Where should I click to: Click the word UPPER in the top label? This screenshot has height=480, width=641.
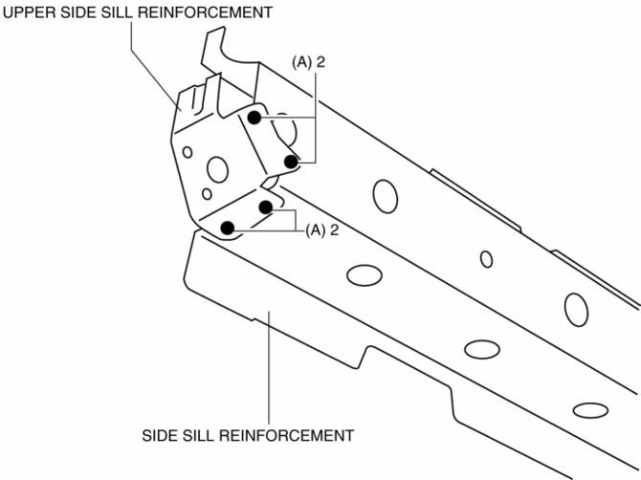(x=27, y=12)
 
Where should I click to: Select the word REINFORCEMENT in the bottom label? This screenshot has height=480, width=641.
(x=287, y=435)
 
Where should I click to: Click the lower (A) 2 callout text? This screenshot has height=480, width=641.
(x=321, y=229)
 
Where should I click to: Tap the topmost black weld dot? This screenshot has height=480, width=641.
(x=254, y=118)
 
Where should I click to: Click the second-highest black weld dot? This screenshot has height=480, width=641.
(x=291, y=162)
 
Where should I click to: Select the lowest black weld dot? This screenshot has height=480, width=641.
(x=228, y=228)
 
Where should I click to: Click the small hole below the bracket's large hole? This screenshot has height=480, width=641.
(x=207, y=194)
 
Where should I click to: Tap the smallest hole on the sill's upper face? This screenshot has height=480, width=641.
(x=487, y=258)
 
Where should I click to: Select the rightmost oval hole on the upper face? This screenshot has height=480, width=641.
(x=576, y=309)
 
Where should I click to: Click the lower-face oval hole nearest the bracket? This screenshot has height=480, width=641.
(x=363, y=276)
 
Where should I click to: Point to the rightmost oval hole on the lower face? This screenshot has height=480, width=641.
(x=590, y=410)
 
